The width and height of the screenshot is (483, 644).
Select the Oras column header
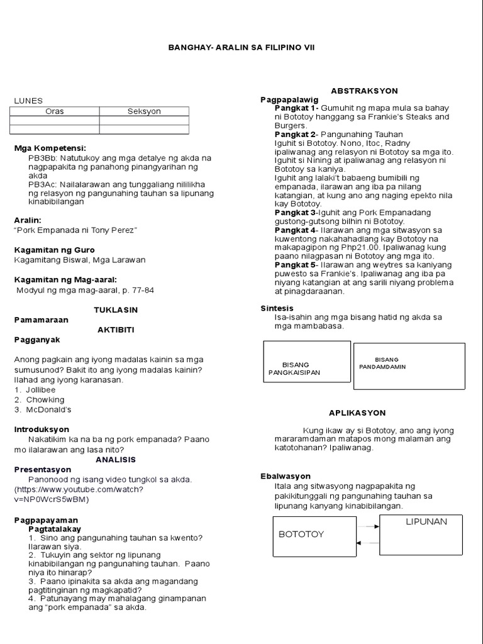pyautogui.click(x=54, y=111)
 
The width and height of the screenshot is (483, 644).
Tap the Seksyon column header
pyautogui.click(x=144, y=111)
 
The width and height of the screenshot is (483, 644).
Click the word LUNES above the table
pyautogui.click(x=28, y=100)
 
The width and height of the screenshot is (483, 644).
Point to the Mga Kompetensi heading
pyautogui.click(x=50, y=148)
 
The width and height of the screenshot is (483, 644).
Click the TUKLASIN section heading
pyautogui.click(x=116, y=310)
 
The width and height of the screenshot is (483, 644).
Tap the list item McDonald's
pyautogui.click(x=48, y=409)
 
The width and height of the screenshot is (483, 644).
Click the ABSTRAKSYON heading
pyautogui.click(x=364, y=91)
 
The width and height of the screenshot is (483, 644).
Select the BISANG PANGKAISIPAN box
pyautogui.click(x=306, y=362)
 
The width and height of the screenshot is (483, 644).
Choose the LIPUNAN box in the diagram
pyautogui.click(x=421, y=535)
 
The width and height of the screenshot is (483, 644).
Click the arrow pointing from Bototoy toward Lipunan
pyautogui.click(x=367, y=527)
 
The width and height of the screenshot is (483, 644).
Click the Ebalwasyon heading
pyautogui.click(x=286, y=476)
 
